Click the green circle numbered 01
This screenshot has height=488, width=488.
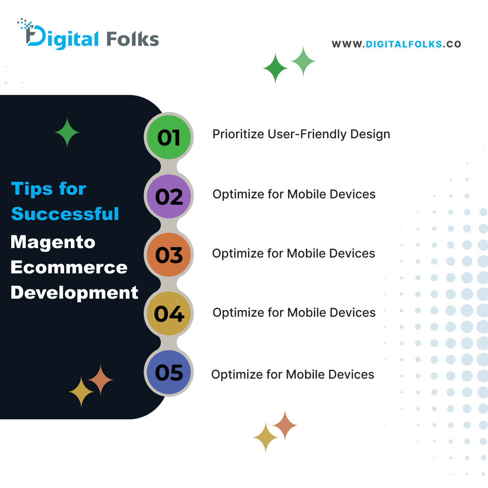point(169,137)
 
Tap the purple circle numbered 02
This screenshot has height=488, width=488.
point(169,197)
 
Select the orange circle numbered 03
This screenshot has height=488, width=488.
point(169,255)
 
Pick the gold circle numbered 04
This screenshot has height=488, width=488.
point(169,314)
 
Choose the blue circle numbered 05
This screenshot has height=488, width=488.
point(169,373)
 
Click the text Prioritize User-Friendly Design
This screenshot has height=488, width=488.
point(301,134)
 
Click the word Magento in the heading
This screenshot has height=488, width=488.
point(53,242)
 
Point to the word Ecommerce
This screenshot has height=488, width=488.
point(69,267)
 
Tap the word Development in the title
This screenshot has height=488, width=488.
point(74,293)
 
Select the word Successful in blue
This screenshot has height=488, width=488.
point(65,214)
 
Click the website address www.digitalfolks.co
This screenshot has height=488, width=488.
point(396,44)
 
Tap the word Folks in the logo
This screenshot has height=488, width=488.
point(132,39)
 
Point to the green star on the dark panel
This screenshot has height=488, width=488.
point(67,132)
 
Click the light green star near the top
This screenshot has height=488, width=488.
point(303,61)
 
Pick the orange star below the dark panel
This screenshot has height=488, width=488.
point(285,425)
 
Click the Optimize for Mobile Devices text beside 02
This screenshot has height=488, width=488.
point(294,194)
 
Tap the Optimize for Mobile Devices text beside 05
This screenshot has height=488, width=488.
point(292,375)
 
